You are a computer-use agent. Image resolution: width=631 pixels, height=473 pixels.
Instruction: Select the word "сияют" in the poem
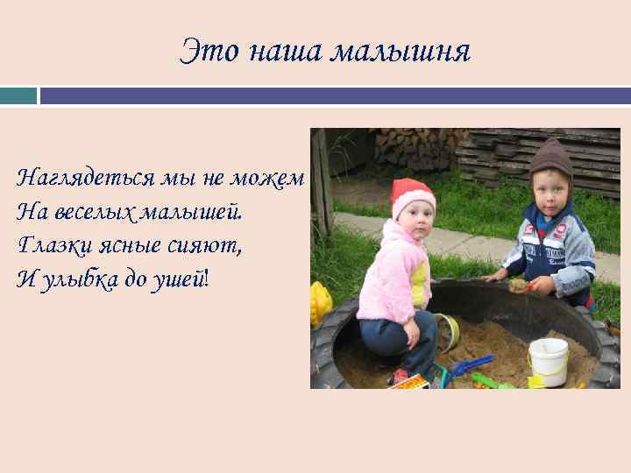209,246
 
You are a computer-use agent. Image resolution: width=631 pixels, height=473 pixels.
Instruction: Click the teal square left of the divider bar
18,95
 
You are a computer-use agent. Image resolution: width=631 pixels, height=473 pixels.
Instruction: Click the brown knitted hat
551,159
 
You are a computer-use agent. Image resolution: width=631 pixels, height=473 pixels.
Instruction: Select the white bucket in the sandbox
549,359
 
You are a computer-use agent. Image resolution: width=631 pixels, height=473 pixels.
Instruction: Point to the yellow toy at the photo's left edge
320,303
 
